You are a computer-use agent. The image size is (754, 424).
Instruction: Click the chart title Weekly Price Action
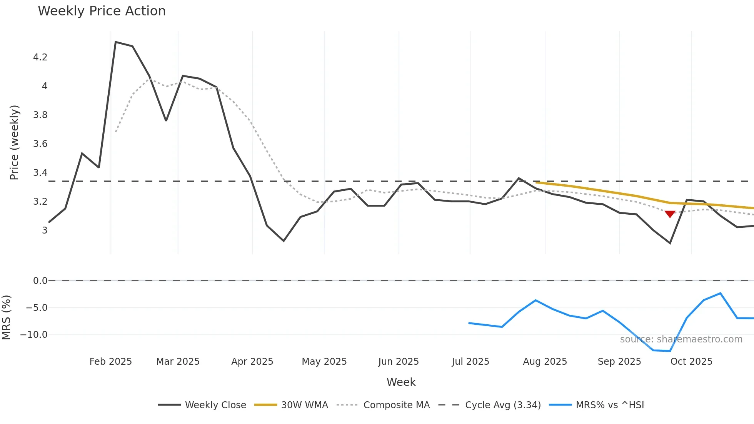click(102, 11)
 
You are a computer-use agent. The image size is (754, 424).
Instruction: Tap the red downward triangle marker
click(670, 214)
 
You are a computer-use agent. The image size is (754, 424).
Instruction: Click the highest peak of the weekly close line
click(116, 42)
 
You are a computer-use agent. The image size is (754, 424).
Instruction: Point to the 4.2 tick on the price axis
click(40, 57)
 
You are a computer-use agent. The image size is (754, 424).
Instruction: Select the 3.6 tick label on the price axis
click(40, 144)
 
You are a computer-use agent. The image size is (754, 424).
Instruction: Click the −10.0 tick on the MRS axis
click(34, 335)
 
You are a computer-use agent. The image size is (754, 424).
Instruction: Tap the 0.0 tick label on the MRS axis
click(40, 281)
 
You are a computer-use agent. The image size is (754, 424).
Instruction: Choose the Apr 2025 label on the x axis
click(252, 362)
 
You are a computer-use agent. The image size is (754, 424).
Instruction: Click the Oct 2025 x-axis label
click(691, 362)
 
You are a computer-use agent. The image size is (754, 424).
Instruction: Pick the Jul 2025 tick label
click(470, 362)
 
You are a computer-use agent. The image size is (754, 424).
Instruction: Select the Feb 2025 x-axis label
click(110, 362)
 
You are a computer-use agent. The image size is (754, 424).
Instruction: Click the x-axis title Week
click(401, 382)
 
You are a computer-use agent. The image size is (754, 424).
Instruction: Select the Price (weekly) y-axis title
click(14, 142)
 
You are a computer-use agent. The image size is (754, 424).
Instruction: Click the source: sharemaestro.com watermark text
click(681, 339)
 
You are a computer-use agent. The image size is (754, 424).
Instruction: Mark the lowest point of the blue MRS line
click(670, 351)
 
